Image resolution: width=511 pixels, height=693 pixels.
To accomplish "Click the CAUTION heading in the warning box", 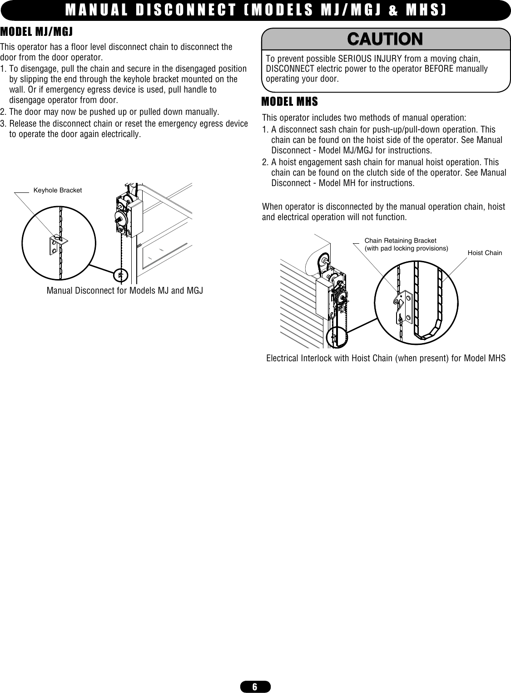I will (x=385, y=39).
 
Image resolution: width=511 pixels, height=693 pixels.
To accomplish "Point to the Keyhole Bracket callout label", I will (x=58, y=190).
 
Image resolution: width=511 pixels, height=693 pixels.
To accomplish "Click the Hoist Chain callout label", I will (x=485, y=252).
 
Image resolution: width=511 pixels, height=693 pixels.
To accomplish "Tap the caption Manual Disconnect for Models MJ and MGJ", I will (x=125, y=290).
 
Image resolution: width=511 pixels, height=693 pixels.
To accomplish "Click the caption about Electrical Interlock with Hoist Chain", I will (x=386, y=358).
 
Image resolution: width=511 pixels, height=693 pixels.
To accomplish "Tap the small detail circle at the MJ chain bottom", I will (x=121, y=275).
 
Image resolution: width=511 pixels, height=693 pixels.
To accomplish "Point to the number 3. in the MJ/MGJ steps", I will (x=4, y=124).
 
